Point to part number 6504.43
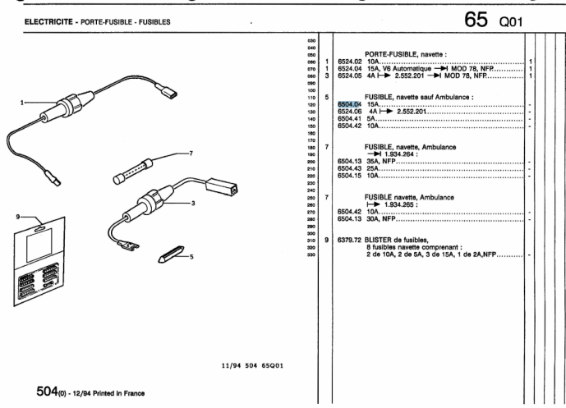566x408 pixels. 348,170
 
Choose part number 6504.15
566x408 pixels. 348,176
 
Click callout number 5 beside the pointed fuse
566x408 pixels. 192,256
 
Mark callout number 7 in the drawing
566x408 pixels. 190,153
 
